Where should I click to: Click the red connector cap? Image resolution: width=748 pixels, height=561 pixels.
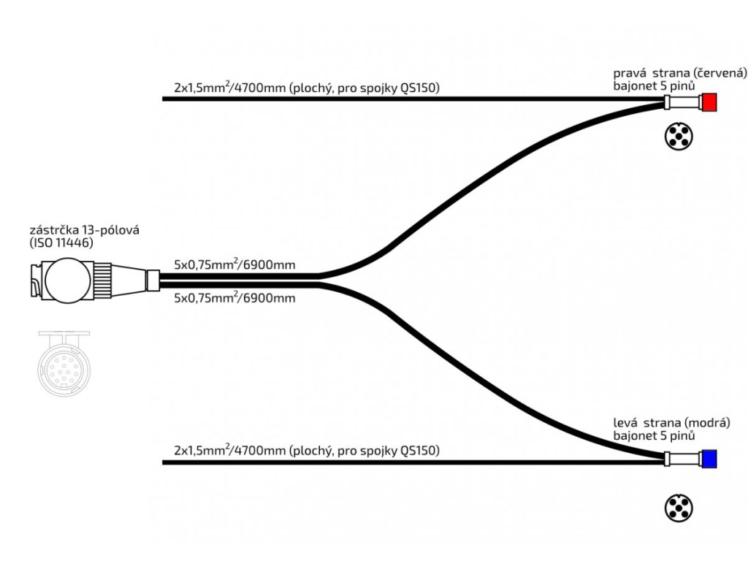click(x=709, y=102)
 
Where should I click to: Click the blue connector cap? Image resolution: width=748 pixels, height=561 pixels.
click(x=709, y=459)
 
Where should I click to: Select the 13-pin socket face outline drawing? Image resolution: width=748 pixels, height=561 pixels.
click(x=63, y=362)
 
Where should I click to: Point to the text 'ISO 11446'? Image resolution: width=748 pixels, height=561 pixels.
click(x=64, y=243)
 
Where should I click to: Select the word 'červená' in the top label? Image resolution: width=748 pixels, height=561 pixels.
click(x=722, y=73)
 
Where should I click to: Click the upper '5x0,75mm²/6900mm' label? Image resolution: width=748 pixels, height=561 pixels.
click(x=234, y=265)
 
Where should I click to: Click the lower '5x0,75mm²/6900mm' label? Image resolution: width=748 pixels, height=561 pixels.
click(x=234, y=298)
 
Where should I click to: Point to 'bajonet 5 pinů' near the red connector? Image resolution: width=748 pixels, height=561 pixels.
click(x=654, y=85)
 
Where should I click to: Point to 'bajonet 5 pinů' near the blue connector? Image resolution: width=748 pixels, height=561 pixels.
click(x=654, y=435)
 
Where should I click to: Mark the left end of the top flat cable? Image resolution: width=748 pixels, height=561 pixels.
click(x=164, y=99)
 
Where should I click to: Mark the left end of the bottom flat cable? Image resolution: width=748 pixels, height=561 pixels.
click(x=164, y=462)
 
